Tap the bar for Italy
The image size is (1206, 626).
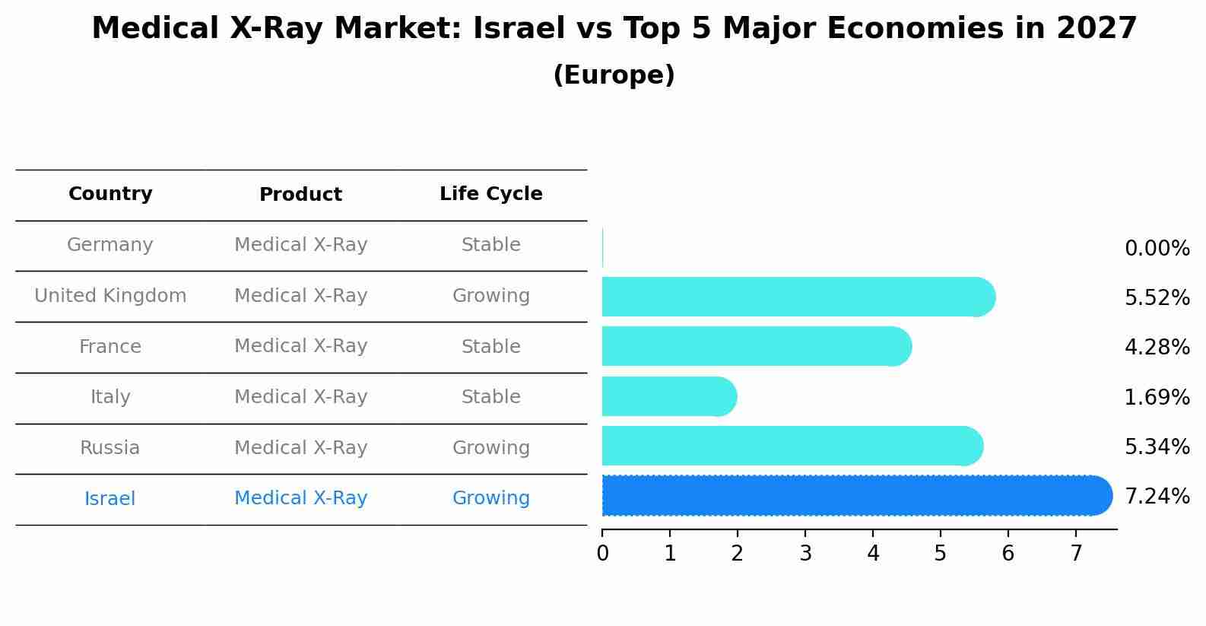[668, 396]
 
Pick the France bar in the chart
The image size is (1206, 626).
[756, 346]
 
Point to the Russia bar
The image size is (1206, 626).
[791, 446]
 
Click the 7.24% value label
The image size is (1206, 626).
[1157, 497]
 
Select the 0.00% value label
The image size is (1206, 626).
[1157, 249]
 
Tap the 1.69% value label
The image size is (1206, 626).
[1157, 397]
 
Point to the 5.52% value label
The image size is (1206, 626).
[1157, 298]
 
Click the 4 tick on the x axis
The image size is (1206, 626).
[873, 554]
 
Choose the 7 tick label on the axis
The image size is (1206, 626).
[1076, 554]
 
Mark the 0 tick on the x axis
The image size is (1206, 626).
[602, 554]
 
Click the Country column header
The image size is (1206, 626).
[110, 194]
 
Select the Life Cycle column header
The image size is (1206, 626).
[490, 194]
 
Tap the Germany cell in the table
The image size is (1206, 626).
[110, 245]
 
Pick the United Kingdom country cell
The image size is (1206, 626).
[110, 296]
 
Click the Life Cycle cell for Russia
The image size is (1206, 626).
[490, 448]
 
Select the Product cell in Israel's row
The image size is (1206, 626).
[300, 498]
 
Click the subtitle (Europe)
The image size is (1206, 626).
[614, 75]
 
